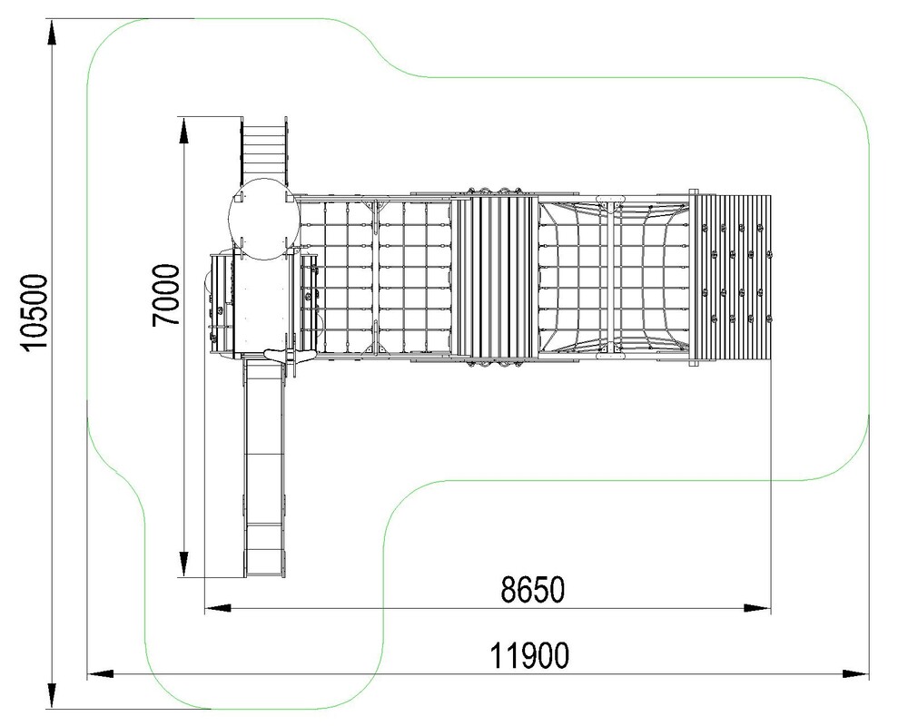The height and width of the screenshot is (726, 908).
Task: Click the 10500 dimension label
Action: pos(34,311)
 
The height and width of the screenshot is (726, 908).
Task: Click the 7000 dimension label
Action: pos(165,295)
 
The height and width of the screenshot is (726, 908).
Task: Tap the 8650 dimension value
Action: pos(532,589)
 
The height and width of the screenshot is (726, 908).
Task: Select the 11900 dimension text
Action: pos(529,655)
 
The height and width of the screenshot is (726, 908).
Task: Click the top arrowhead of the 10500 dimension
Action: pos(52,31)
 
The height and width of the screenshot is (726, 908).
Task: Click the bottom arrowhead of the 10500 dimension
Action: pos(52,696)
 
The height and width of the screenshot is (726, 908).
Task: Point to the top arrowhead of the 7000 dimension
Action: pos(183,130)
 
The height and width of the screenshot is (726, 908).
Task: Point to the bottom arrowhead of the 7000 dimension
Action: pos(183,564)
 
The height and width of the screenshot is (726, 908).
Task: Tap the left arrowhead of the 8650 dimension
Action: pos(218,608)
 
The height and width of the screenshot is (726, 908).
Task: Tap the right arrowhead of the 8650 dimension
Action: pos(757,608)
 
